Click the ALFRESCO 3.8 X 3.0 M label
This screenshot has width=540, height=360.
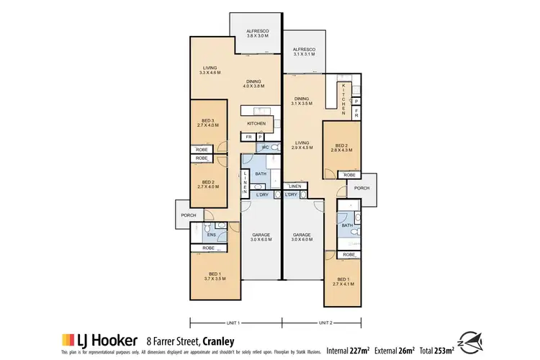point(258,33)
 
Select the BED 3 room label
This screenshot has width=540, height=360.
point(207,123)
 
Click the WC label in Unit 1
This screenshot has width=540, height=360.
point(266,148)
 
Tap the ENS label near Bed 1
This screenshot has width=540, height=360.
point(212,235)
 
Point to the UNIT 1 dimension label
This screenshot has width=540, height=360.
point(233,322)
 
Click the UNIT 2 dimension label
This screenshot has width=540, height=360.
point(325,322)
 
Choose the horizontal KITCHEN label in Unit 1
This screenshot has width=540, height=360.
point(256,123)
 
